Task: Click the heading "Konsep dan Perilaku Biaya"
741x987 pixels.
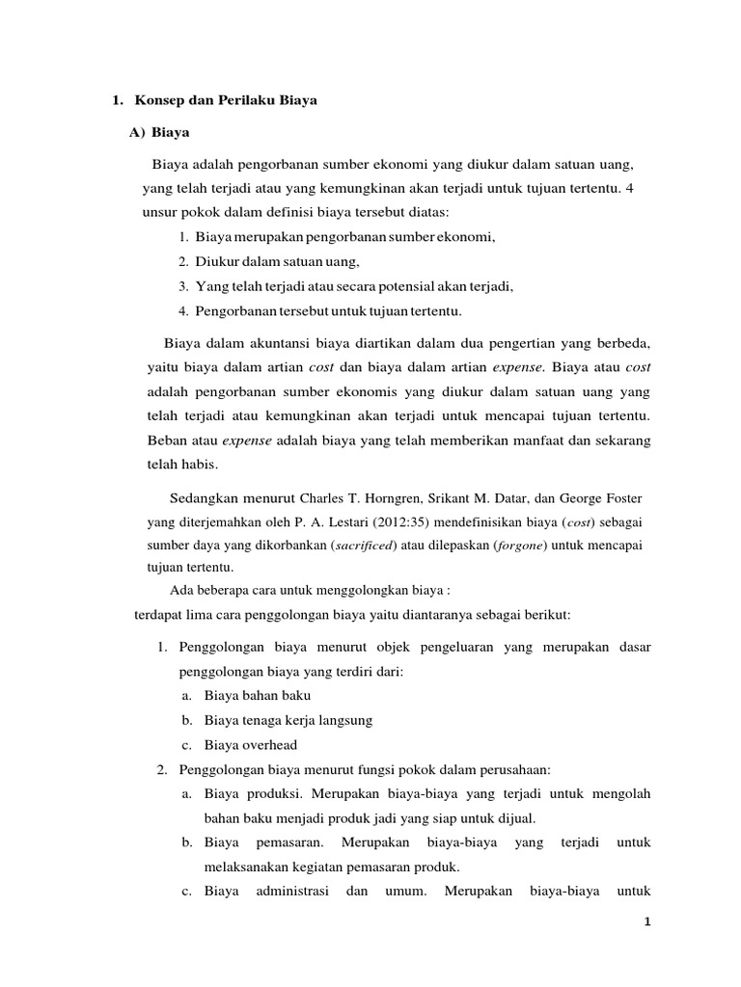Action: [227, 100]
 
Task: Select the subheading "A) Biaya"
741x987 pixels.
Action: [159, 133]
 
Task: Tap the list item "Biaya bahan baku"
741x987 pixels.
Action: [257, 695]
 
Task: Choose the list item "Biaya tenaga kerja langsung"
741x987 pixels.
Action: [288, 720]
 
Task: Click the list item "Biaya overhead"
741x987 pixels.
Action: [250, 744]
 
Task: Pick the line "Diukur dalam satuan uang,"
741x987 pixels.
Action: [277, 261]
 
